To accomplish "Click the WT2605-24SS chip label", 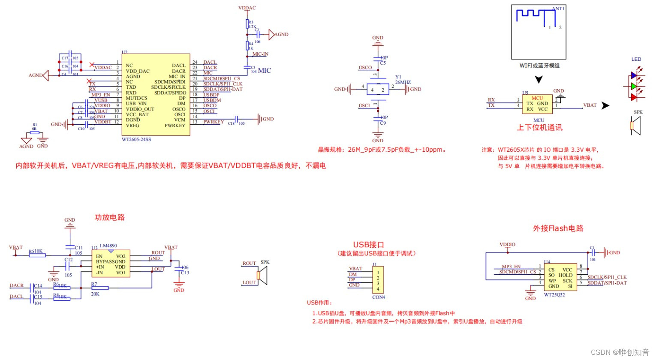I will click(136, 139).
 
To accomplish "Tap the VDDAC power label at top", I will click(247, 8).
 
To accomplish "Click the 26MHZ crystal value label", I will click(403, 82).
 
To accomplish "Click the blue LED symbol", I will click(634, 75).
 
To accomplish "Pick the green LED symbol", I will click(634, 87).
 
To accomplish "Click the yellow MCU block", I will click(537, 104).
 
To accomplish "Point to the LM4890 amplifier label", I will click(108, 246).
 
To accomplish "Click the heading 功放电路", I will click(109, 217).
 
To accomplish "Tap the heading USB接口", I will click(368, 245).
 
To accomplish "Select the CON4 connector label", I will click(378, 297).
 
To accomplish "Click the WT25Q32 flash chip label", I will click(554, 295).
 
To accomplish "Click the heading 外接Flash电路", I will click(558, 228).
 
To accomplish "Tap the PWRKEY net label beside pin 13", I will click(214, 122).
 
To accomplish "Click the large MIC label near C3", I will click(265, 71).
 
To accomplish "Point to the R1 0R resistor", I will click(34, 132).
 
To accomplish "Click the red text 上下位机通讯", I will click(539, 128).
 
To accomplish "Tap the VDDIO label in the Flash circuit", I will click(507, 245).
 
